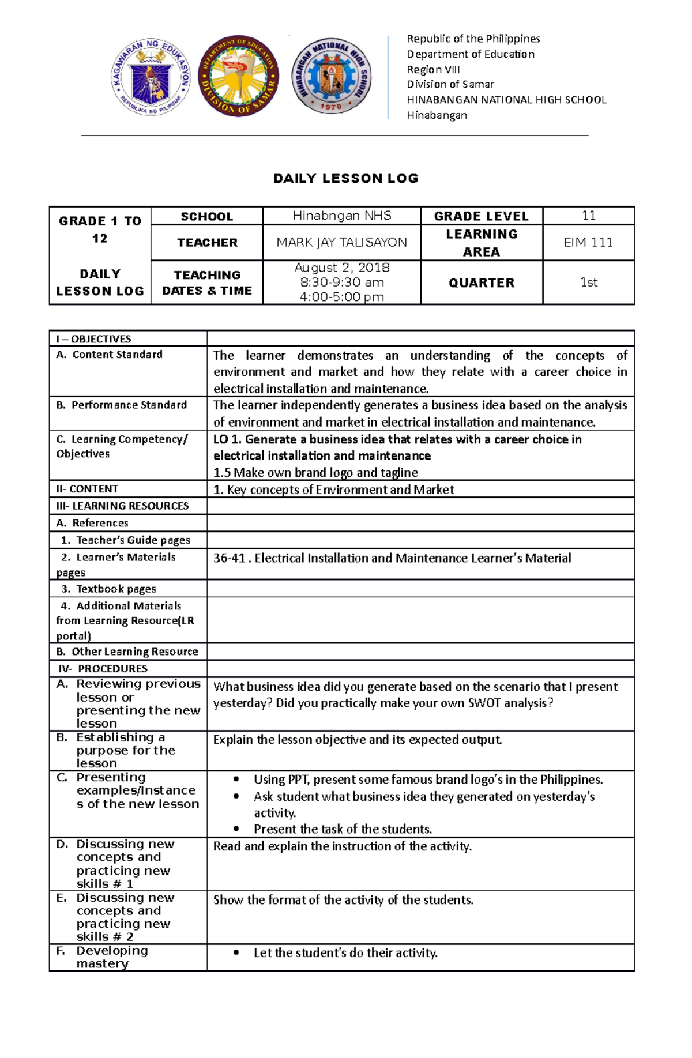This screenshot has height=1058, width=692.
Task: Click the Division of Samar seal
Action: coord(238,76)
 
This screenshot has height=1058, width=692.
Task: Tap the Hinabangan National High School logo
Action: coord(330,76)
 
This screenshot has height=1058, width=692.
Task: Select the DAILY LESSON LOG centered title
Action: coord(346,178)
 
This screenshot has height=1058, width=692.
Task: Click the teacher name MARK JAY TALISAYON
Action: coord(341,243)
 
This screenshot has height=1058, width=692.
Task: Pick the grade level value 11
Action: coord(588,216)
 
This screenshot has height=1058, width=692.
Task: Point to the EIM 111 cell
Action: coord(588,243)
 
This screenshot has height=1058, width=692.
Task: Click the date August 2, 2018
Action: coord(342,268)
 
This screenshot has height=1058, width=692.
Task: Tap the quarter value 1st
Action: coord(588,283)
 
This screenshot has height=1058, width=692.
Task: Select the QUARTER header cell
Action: coord(482,283)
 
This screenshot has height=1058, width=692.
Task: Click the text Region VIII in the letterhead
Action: coord(433,70)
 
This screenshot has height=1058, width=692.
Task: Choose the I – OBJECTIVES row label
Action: coord(93,339)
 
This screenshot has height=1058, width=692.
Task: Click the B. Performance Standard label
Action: coord(122,405)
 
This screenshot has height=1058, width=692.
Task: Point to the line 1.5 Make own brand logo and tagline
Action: coord(315,473)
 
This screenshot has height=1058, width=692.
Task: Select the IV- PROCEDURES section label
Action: coord(103,669)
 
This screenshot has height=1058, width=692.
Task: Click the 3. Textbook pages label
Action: coord(109,589)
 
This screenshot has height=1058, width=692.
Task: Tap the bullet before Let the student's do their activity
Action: coord(236,953)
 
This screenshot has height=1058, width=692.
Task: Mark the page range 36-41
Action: coord(229,558)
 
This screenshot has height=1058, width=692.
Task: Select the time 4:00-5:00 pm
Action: coord(342,297)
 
